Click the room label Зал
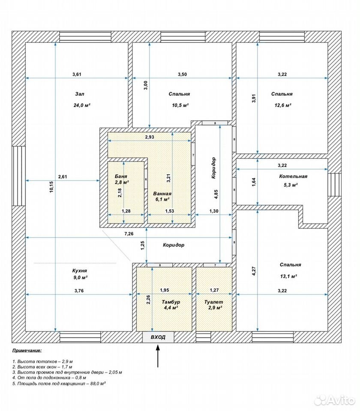click(80, 94)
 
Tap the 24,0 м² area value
click(82, 105)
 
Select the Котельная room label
click(293, 176)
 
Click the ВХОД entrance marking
click(158, 337)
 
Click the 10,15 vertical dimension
click(51, 187)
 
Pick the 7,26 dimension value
click(129, 234)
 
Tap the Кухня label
click(80, 271)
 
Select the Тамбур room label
click(171, 302)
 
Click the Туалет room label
click(213, 302)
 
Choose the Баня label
click(121, 176)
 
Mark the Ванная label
click(162, 194)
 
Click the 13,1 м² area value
click(288, 276)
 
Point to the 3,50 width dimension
click(183, 74)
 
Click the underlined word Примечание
click(27, 351)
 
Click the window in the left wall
click(18, 176)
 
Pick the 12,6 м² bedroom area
click(282, 105)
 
